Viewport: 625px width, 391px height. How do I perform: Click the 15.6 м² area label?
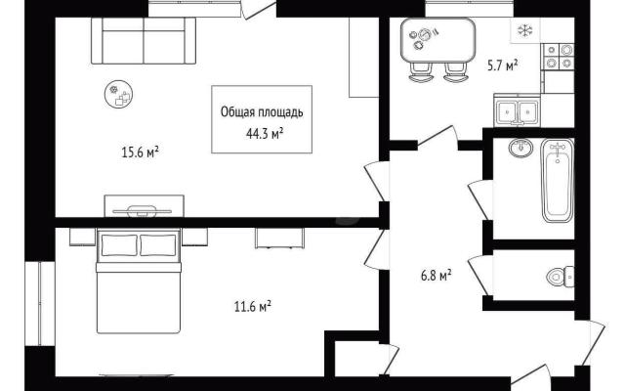[141, 152]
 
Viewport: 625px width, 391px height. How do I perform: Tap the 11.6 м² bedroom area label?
[253, 307]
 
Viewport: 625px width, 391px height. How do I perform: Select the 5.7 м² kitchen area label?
[503, 65]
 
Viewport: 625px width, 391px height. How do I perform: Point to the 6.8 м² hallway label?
[437, 276]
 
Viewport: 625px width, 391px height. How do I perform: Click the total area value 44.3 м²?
[265, 134]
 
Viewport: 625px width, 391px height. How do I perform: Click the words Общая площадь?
[262, 112]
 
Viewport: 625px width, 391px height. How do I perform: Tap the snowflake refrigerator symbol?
[525, 30]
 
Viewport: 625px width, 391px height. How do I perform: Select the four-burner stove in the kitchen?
[559, 57]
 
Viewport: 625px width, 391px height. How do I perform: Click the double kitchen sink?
[518, 110]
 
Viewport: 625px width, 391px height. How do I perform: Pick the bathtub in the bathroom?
[558, 181]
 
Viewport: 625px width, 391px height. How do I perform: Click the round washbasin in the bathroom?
[521, 148]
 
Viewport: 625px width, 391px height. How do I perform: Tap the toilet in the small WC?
[561, 276]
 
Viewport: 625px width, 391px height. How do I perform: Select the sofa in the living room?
[144, 41]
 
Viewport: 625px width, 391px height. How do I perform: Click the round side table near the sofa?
[118, 94]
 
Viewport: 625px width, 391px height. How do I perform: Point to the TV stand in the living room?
[144, 206]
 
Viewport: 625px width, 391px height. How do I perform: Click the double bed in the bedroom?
[139, 282]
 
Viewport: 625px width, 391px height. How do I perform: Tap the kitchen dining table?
[438, 40]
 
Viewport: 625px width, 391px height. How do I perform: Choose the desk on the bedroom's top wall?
[279, 239]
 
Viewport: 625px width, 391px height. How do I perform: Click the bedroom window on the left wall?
[40, 304]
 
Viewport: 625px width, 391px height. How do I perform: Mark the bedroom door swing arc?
[371, 249]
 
